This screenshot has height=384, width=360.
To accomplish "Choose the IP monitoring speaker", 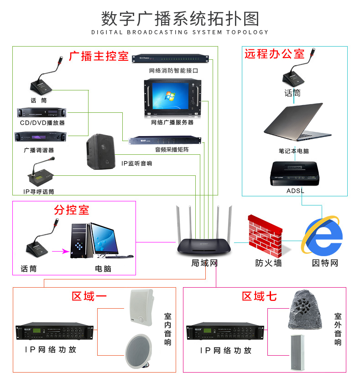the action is click(100, 151).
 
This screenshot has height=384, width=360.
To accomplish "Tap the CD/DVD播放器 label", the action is click(42, 123).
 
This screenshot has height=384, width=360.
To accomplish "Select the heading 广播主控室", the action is click(99, 56).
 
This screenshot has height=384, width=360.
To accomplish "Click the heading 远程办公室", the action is click(275, 54).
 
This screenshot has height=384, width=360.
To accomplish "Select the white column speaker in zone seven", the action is click(297, 352).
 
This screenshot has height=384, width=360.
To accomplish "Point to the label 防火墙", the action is click(268, 263).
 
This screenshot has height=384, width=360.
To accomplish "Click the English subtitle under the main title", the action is click(180, 32).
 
